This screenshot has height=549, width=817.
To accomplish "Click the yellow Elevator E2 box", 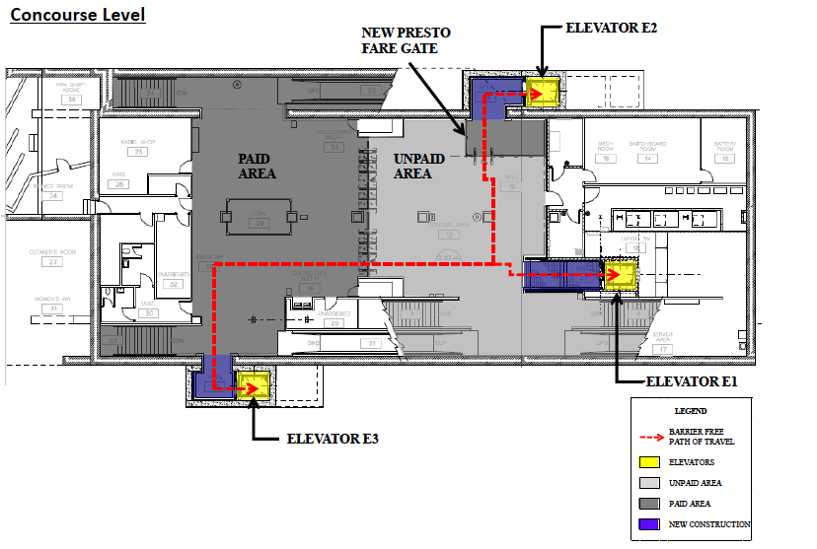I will [x=544, y=93].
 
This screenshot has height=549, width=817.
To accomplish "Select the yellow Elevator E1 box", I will [x=623, y=275].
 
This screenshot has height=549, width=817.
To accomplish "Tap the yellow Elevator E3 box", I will [x=255, y=385].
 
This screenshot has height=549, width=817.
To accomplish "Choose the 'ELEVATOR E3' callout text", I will [x=333, y=439].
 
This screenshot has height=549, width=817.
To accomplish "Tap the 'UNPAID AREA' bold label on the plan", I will [x=412, y=166].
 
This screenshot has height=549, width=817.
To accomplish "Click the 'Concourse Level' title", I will [x=78, y=15].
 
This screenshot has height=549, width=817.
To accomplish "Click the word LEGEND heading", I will [x=690, y=411].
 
